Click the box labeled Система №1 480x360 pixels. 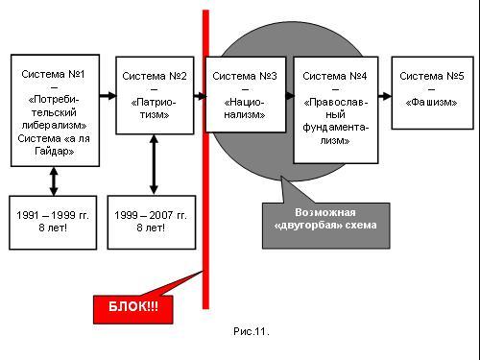point(55,110)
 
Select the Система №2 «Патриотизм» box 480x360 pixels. point(155,95)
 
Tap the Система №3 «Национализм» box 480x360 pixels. point(246,94)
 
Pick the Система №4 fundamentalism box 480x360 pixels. point(336,110)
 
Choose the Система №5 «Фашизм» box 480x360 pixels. point(433,93)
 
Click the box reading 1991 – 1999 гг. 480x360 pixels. point(53,223)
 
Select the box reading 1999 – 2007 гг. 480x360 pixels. point(152,223)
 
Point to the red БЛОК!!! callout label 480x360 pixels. point(133,309)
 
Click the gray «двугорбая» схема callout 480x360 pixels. point(325,226)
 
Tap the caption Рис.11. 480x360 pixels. point(252,331)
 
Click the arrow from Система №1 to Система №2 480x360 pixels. point(108,95)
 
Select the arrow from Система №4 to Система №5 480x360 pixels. point(385,96)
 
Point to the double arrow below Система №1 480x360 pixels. point(54,181)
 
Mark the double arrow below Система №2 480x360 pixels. point(154,164)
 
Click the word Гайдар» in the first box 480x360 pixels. point(55,151)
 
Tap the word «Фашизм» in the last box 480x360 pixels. point(431,103)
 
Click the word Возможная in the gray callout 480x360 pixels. point(325,212)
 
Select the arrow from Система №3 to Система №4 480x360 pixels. point(290,96)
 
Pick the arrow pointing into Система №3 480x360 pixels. point(201,96)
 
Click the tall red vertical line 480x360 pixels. point(205,159)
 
